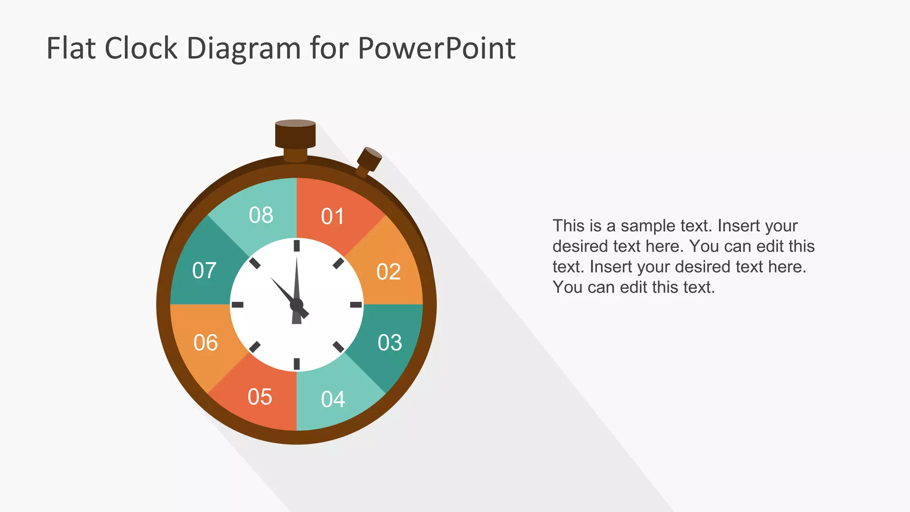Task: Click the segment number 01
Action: click(332, 216)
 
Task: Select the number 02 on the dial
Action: click(388, 272)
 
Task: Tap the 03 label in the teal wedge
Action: click(390, 343)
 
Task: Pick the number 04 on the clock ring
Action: click(333, 399)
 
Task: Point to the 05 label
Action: click(259, 397)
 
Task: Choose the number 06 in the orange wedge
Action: click(205, 343)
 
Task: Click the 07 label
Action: click(204, 270)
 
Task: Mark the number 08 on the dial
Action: click(261, 215)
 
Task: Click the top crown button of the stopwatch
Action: click(295, 134)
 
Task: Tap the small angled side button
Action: click(369, 159)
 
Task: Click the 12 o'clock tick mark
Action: click(297, 246)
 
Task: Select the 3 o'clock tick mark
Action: click(356, 304)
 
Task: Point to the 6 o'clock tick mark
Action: click(297, 364)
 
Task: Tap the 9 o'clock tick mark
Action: click(238, 304)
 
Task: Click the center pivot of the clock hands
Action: click(296, 305)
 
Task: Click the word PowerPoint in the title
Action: click(436, 48)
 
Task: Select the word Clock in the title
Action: click(141, 48)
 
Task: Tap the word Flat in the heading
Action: click(71, 48)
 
